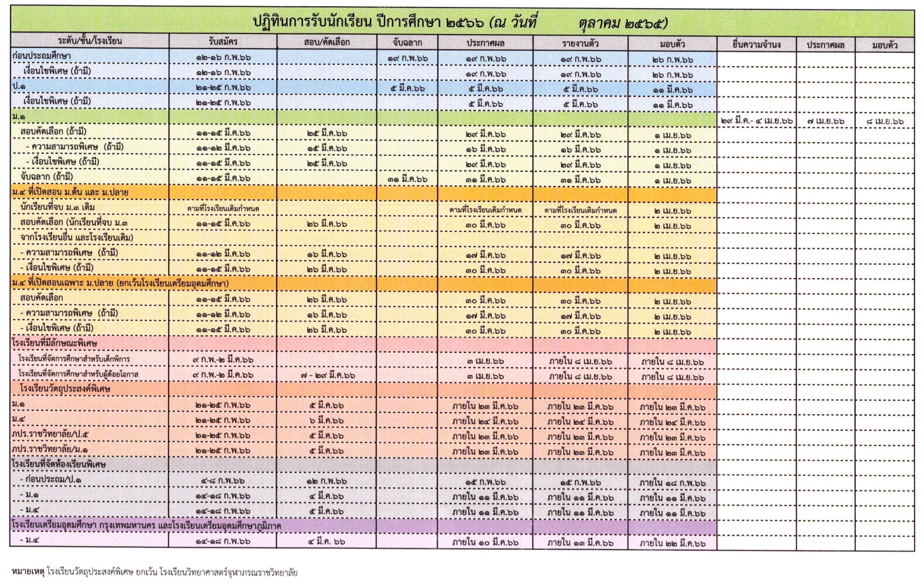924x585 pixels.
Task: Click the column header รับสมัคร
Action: pyautogui.click(x=223, y=42)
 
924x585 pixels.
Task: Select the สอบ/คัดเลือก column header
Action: pyautogui.click(x=327, y=42)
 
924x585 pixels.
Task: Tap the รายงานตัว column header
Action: pyautogui.click(x=580, y=44)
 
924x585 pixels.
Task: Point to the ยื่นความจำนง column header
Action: pyautogui.click(x=757, y=45)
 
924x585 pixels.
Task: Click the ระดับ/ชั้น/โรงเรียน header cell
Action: pyautogui.click(x=90, y=41)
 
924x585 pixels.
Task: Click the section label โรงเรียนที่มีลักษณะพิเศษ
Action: pyautogui.click(x=55, y=343)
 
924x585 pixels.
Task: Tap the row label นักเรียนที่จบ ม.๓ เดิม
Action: pyautogui.click(x=58, y=207)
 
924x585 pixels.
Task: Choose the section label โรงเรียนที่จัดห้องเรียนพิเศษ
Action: pyautogui.click(x=59, y=464)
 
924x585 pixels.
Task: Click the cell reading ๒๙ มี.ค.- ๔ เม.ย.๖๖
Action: pyautogui.click(x=757, y=121)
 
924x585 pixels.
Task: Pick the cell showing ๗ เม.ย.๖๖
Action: pyautogui.click(x=826, y=121)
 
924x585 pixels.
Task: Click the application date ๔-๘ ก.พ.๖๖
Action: pyautogui.click(x=223, y=481)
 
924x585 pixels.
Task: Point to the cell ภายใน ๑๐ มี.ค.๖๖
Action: pyautogui.click(x=485, y=543)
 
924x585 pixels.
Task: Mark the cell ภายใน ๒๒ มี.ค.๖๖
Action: pyautogui.click(x=672, y=544)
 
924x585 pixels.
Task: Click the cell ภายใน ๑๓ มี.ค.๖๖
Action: pyautogui.click(x=580, y=543)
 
